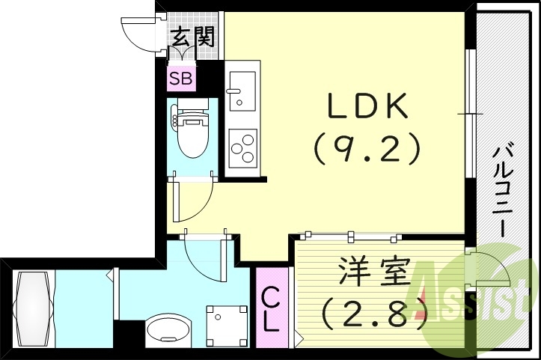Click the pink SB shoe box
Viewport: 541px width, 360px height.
(x=180, y=78)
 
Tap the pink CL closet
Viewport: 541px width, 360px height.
(x=270, y=309)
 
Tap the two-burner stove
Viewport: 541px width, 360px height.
(x=242, y=148)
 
